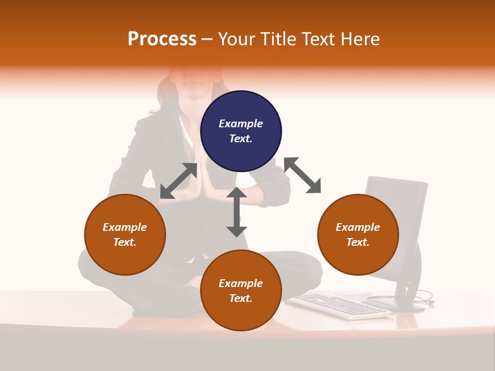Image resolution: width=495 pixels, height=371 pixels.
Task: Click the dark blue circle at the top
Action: coord(241,131)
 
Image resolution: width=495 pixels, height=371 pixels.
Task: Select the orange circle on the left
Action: coord(125,235)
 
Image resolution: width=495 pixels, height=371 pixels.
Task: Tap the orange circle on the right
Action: coord(358,235)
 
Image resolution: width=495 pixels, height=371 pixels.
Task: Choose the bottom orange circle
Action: coord(241,291)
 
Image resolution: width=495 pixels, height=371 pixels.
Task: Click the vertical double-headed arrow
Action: coord(237,212)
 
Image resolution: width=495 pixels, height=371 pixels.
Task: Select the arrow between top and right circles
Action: coord(302,175)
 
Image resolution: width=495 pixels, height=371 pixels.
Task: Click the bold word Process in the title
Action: coord(162,39)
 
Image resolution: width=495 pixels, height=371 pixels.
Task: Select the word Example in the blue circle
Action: coord(241,124)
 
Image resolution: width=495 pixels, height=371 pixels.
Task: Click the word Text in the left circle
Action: coord(124,242)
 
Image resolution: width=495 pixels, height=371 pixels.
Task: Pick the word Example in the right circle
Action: coord(358,227)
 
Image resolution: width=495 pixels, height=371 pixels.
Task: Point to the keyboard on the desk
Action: coord(338,305)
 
